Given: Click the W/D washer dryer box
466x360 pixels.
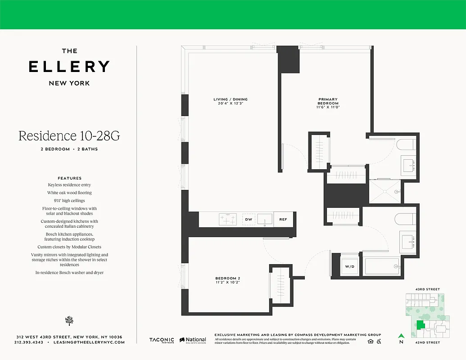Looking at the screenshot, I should click(x=349, y=266).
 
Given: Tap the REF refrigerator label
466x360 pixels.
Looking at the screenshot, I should click(x=283, y=219).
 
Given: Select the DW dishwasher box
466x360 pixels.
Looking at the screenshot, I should click(x=248, y=219).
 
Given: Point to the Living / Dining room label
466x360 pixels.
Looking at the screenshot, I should click(x=231, y=99).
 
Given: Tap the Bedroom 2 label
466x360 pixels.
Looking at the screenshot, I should click(x=228, y=279).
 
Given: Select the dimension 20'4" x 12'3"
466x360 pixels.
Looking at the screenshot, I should click(x=231, y=104).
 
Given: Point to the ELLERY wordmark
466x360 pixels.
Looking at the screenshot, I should click(x=69, y=67).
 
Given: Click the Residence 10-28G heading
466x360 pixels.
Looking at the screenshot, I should click(x=69, y=135).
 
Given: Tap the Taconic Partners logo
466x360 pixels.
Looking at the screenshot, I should click(x=162, y=341).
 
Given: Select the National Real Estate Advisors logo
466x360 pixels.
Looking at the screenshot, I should click(x=193, y=341).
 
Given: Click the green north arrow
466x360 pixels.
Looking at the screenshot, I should click(x=401, y=336).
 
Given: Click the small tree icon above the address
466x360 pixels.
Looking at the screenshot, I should click(x=69, y=320).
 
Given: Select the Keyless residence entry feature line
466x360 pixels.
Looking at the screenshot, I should click(x=69, y=185).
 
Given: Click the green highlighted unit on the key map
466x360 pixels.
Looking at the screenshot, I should click(x=420, y=325).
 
